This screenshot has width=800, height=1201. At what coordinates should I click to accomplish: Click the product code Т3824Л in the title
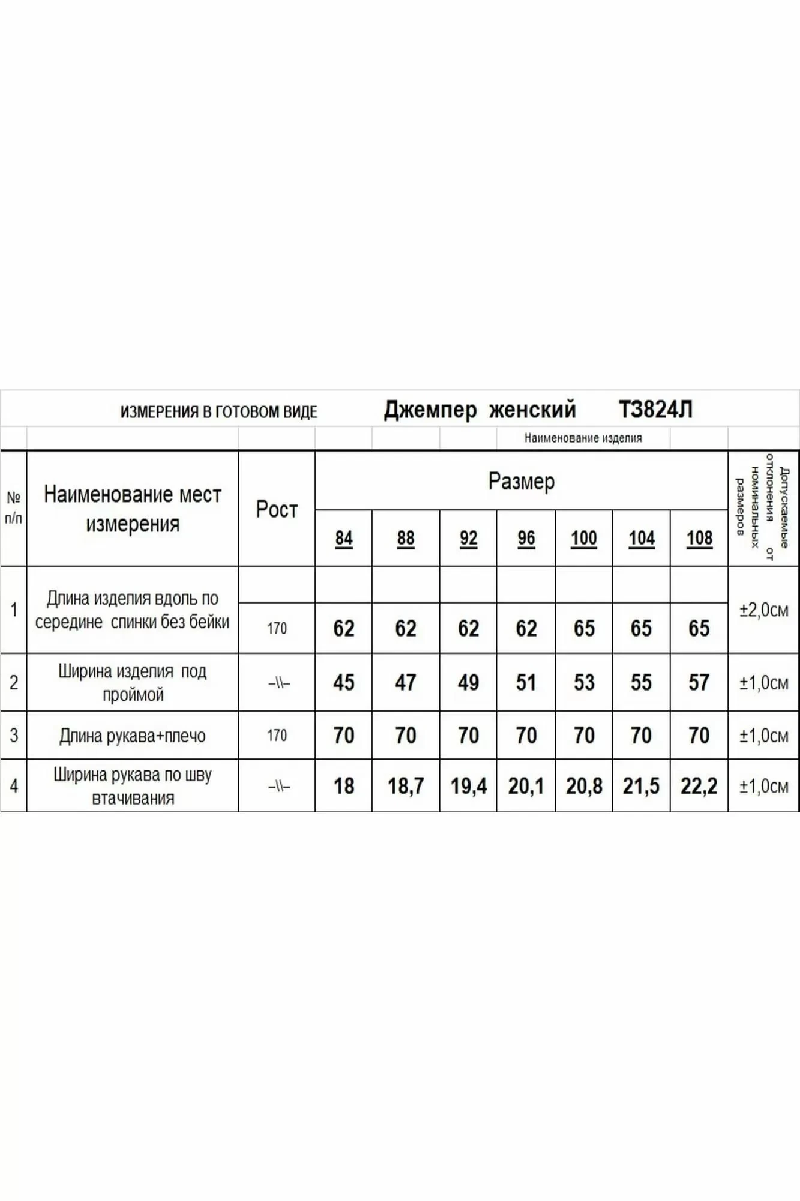point(655,410)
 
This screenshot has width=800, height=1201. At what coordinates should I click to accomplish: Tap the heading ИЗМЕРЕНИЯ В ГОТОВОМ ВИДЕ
point(218,412)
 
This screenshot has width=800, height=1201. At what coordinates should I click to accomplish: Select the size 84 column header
point(344,538)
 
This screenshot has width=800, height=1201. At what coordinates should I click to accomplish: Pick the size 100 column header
point(584,538)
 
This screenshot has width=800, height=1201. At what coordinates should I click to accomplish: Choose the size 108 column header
point(699,538)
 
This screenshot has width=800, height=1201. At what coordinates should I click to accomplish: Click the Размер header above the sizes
point(521,481)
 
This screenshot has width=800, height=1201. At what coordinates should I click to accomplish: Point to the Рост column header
point(277,509)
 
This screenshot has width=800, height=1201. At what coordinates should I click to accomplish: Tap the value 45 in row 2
point(344,682)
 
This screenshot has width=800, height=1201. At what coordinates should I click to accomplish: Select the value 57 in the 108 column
point(699,682)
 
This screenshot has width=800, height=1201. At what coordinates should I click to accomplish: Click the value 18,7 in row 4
point(406,785)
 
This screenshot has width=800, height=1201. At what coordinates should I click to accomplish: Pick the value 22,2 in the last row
point(699,785)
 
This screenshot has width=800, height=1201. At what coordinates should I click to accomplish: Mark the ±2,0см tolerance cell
point(763,610)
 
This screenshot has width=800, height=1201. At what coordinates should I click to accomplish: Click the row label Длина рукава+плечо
point(133,736)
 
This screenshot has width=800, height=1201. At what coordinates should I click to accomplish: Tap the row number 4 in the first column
point(14,785)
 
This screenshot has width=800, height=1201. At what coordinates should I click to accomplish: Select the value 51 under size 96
point(526,682)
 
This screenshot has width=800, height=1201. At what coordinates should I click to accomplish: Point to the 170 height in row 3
point(277,736)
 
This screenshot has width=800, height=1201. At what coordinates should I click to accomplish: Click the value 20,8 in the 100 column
point(584,785)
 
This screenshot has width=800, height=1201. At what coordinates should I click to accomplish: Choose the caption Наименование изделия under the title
point(583,438)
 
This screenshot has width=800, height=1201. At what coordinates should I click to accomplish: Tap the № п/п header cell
point(14,507)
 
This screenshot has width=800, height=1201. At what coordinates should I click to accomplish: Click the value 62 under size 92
point(468,628)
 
